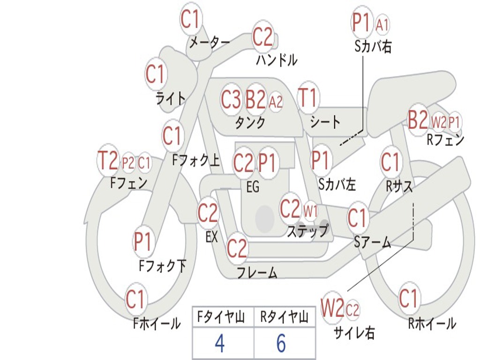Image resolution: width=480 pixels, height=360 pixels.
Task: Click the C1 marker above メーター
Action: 191,19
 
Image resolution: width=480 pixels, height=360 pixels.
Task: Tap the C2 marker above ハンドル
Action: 263,37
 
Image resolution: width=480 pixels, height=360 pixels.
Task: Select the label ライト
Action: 171,99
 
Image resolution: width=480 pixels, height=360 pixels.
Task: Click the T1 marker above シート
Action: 308,98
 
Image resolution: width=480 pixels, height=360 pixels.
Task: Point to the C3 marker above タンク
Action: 231,99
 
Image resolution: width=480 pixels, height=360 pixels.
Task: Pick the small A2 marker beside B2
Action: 276,101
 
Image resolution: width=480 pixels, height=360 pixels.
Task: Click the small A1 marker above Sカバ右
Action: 382,24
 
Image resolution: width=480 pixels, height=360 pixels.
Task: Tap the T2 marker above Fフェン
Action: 107,161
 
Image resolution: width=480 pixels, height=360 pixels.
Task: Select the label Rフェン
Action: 445,140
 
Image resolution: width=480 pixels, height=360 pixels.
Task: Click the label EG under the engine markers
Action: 253,187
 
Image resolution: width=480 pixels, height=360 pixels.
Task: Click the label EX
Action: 212,237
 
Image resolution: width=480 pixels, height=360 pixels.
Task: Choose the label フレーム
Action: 257,272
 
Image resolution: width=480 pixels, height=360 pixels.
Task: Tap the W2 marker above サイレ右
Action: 332,308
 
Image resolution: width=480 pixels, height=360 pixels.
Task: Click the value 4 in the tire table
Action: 219,344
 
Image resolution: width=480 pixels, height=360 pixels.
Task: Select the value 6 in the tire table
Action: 281,344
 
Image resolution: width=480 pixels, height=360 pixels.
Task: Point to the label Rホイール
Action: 432,323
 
